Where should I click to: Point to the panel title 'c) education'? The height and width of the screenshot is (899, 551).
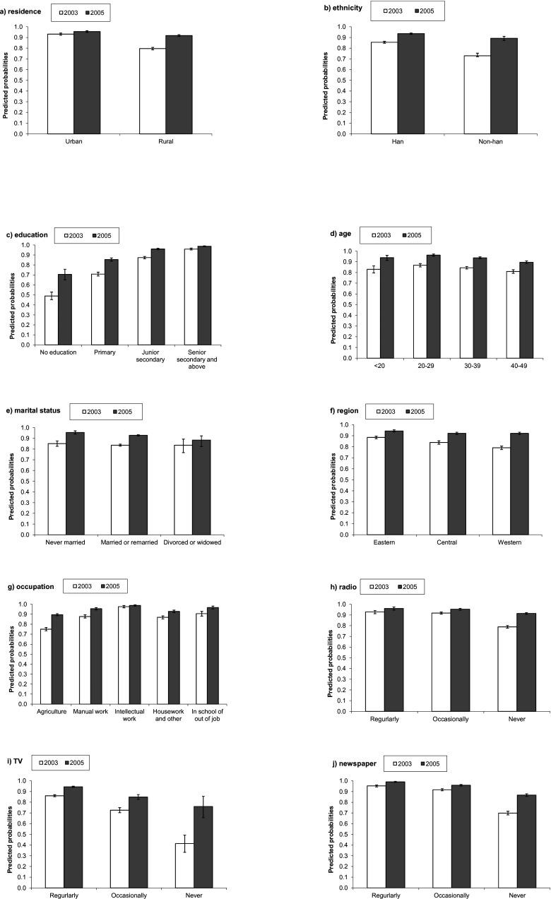coord(29,234)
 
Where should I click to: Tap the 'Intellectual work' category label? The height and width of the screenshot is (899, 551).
coord(130,715)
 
